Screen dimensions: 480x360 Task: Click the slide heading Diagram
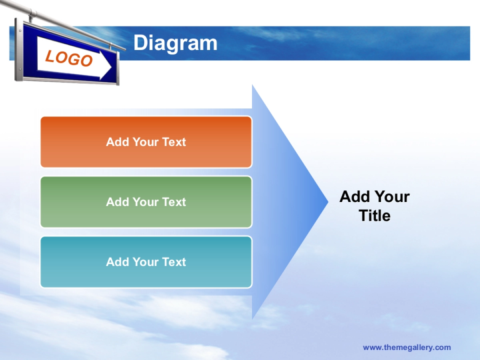(175, 44)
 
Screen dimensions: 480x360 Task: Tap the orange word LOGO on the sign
(69, 58)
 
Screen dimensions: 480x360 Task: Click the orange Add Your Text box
(146, 142)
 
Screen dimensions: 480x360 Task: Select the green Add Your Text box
(146, 202)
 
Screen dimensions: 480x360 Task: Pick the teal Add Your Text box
(146, 262)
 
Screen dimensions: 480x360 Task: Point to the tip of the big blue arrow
(328, 202)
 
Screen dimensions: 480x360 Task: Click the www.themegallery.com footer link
(407, 348)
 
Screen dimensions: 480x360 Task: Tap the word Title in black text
(374, 216)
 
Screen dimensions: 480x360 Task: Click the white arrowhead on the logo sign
(106, 65)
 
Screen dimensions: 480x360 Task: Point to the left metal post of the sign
(18, 50)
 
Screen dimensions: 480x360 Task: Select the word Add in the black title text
(356, 197)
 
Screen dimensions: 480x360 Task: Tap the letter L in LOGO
(50, 56)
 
